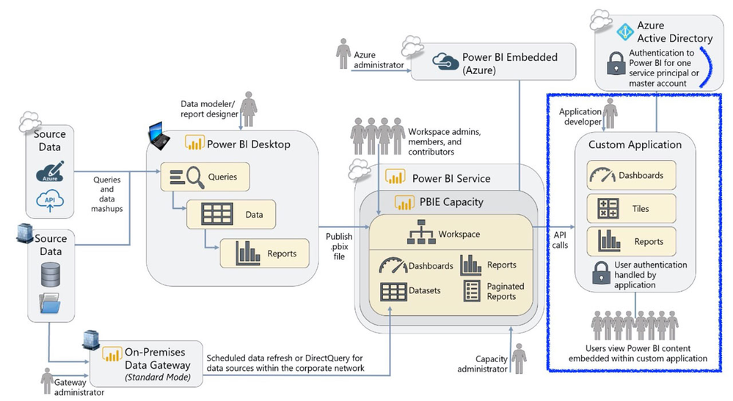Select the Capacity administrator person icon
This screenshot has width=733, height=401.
point(519,358)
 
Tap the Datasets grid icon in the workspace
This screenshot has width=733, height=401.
point(394,290)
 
